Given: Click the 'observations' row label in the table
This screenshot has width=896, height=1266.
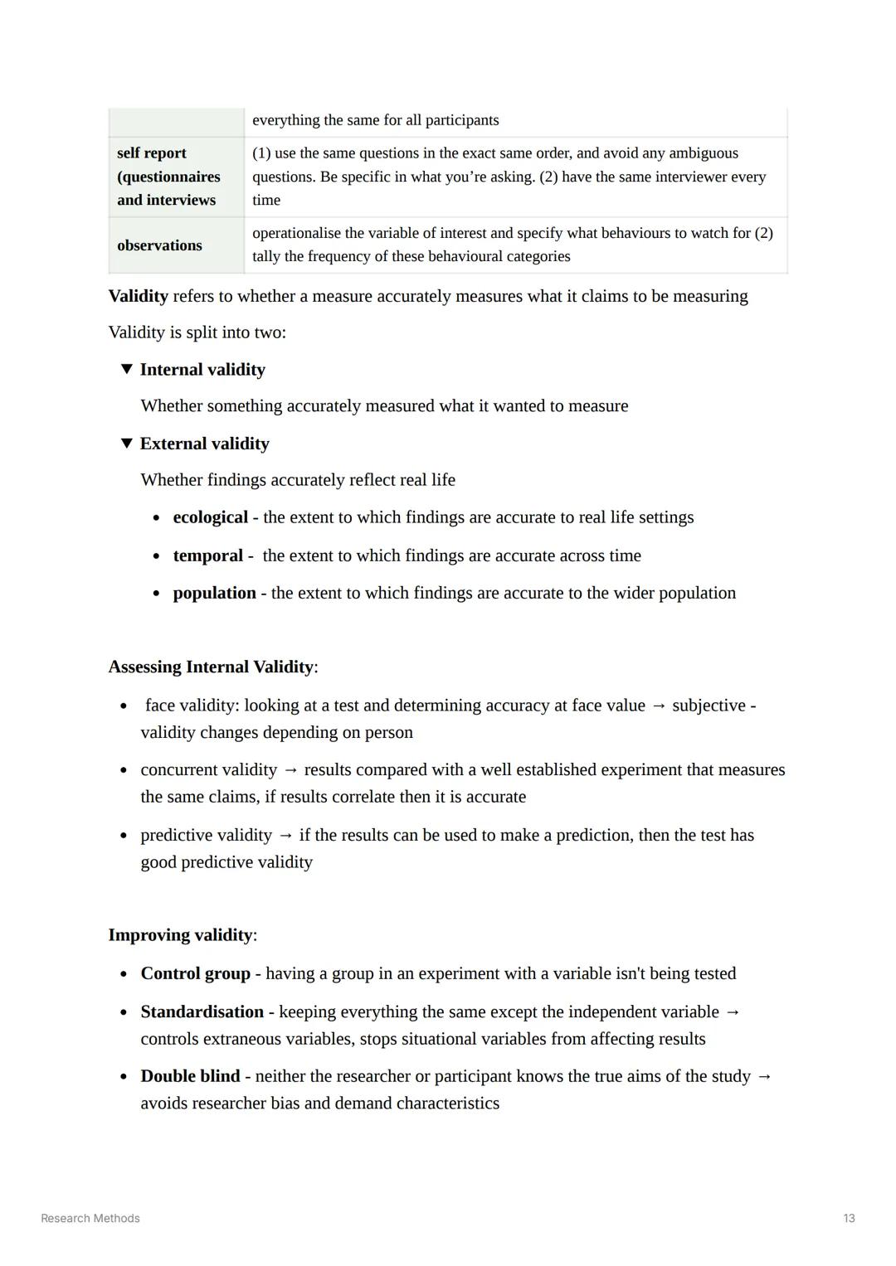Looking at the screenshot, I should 159,245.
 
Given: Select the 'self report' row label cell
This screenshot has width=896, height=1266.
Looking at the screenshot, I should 168,177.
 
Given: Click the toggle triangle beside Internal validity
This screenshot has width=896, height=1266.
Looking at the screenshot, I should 127,369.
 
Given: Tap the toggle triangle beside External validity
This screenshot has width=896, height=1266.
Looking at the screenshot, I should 127,443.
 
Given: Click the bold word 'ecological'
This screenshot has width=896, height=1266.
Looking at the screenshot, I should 210,517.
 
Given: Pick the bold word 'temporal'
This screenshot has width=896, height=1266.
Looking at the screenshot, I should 207,555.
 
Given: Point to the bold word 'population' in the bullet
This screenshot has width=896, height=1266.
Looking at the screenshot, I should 214,593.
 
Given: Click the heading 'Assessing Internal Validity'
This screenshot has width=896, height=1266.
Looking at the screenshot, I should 211,667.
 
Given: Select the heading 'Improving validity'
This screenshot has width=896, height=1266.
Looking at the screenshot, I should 180,935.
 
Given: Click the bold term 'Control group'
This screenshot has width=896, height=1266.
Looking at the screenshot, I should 195,973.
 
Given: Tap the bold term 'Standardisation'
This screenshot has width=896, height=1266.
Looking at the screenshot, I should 202,1011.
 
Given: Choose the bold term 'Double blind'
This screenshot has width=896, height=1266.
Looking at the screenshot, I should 190,1076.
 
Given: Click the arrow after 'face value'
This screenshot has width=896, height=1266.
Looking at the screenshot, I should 659,706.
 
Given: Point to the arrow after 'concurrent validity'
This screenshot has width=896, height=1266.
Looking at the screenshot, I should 290,770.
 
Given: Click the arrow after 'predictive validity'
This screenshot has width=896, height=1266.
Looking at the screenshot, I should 285,836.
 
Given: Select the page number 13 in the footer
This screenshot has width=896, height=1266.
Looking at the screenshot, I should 849,1218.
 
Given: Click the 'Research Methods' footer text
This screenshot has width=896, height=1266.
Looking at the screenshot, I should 90,1218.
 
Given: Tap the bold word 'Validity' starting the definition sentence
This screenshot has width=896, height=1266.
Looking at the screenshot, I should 138,296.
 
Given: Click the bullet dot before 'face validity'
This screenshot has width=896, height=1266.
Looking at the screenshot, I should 124,706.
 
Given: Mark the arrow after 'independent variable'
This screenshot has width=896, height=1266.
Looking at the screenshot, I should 733,1012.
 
